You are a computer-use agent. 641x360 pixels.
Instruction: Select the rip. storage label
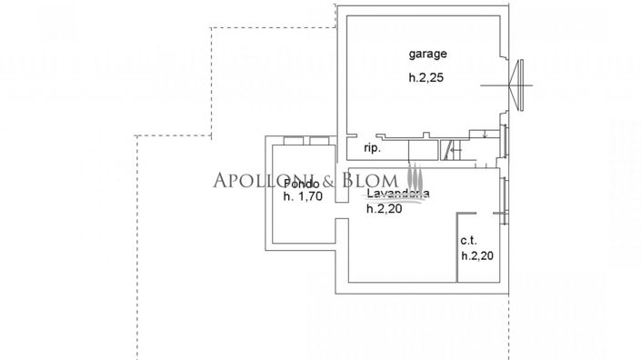[x=371, y=147]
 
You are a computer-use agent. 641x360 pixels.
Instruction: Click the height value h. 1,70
[x=303, y=196]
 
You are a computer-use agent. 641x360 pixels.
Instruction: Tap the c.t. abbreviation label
[x=468, y=241]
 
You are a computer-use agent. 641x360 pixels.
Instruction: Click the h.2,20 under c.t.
[x=477, y=256]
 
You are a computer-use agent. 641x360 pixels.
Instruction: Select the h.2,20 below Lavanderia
[x=385, y=208]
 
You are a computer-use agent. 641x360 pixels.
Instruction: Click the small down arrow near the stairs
[x=486, y=136]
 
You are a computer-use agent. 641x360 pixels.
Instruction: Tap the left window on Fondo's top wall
[x=292, y=139]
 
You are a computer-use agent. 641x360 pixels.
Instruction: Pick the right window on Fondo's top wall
[x=319, y=139]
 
